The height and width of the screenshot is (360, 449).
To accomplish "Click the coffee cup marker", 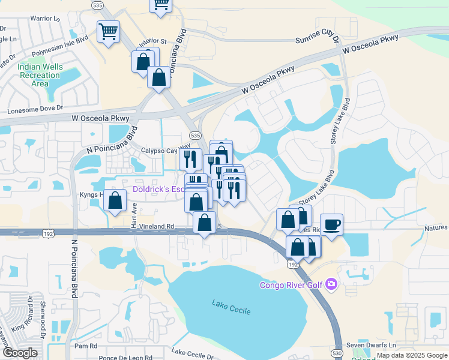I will (331, 225).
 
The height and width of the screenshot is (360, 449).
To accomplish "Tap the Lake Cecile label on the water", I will (231, 307).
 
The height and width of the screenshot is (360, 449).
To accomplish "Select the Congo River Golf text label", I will (292, 284).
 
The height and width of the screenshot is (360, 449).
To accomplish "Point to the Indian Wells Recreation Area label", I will (40, 75).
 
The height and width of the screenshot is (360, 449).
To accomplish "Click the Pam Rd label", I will (86, 346).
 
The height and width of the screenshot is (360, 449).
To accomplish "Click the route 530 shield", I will (337, 354).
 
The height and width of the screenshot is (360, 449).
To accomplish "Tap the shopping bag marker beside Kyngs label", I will (114, 201).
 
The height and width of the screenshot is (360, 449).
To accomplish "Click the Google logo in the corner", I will (19, 353).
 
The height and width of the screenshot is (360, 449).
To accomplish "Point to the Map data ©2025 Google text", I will (411, 355).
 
